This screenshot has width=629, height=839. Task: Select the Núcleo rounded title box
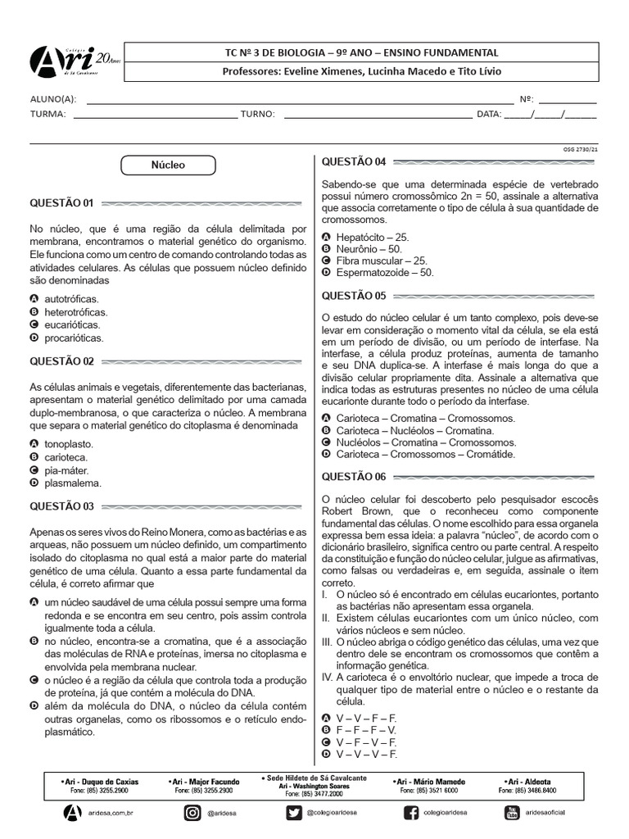[x=168, y=166]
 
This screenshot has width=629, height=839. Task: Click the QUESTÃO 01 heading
[x=62, y=202]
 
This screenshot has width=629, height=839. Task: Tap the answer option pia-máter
[x=66, y=470]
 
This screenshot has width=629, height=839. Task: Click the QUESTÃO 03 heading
[x=62, y=506]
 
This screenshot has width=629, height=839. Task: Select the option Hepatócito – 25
[x=372, y=236]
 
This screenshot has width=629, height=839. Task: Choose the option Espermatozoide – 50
[x=384, y=272]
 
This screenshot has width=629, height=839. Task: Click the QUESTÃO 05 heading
[x=354, y=295]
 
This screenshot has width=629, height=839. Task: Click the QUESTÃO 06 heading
[x=354, y=476]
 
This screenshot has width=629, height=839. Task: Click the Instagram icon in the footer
[x=192, y=812]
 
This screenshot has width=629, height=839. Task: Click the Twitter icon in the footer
[x=294, y=812]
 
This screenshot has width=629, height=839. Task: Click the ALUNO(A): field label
[x=53, y=100]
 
